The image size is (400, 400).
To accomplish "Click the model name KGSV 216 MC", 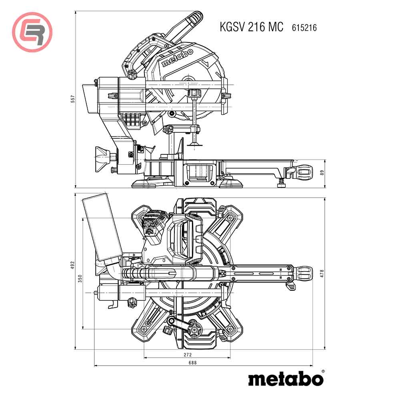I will (x=251, y=27).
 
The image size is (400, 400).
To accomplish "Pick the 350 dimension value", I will (x=80, y=279).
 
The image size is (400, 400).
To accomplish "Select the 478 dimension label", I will (x=321, y=273).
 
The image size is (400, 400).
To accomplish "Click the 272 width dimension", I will (x=188, y=354).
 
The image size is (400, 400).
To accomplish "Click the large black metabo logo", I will (x=285, y=379).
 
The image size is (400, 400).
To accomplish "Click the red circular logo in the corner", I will (x=32, y=32).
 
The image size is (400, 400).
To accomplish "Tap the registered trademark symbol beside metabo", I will (x=323, y=372).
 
